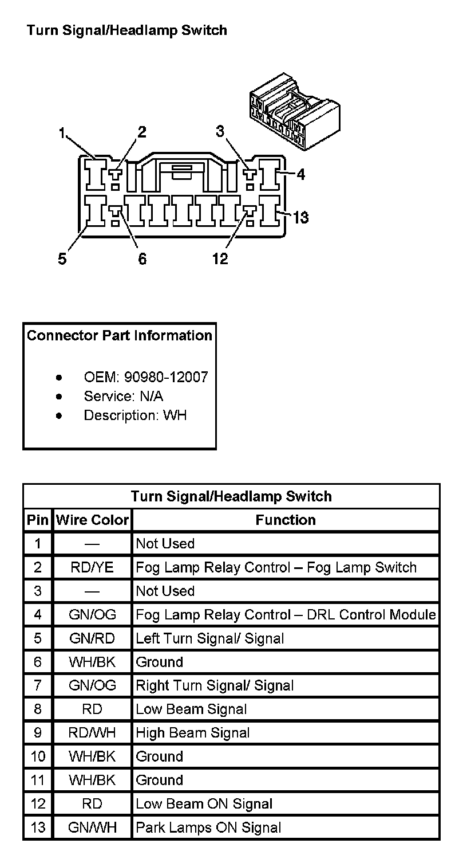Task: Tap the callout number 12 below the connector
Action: click(220, 259)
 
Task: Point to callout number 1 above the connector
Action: click(62, 134)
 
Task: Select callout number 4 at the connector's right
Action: click(300, 174)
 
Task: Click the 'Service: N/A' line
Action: click(123, 396)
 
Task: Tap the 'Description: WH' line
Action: click(135, 415)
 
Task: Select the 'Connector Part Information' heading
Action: click(120, 335)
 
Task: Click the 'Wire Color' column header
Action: click(92, 520)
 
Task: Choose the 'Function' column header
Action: click(286, 520)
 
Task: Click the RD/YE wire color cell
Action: click(92, 567)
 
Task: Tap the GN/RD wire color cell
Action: click(92, 638)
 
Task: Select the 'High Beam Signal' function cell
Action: click(193, 733)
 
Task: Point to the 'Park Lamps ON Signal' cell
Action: click(208, 827)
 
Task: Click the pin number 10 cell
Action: click(38, 756)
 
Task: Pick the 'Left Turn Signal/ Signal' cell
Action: click(209, 638)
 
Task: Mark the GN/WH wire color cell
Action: click(92, 827)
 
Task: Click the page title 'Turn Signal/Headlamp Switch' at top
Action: click(126, 30)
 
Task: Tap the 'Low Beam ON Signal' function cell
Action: click(204, 804)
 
